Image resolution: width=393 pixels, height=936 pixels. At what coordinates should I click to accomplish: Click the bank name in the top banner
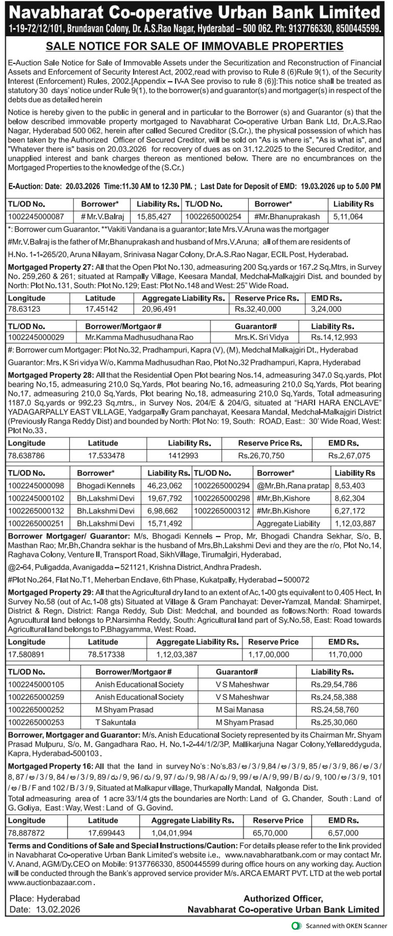tap(195, 13)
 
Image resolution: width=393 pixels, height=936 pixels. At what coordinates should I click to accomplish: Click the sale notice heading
tap(195, 46)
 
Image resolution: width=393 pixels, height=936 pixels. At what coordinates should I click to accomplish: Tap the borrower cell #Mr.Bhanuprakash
tap(287, 217)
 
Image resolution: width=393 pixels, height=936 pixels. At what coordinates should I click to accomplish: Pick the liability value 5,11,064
tap(348, 217)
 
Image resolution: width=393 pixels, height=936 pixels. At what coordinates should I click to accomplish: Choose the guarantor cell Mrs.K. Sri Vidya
tap(261, 337)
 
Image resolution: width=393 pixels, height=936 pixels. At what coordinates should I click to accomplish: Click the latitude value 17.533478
tap(106, 456)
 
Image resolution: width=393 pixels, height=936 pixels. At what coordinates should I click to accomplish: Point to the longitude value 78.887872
tap(26, 833)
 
